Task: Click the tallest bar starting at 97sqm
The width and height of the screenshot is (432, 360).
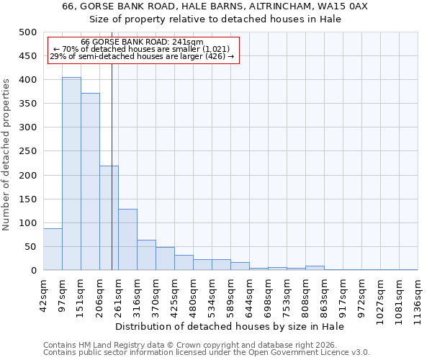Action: coord(71,174)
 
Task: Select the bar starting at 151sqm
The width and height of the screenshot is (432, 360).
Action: coord(90,181)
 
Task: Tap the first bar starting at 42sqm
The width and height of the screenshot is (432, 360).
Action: coord(53,249)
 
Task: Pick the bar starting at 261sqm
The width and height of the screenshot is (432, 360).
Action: coord(127,240)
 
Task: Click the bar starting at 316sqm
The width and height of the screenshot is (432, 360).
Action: coord(146,255)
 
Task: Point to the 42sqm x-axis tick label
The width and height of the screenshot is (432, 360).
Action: coord(43,295)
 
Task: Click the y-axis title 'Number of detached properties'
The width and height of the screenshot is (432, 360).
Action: coord(7,151)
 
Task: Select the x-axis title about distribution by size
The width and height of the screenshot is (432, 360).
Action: coord(230,327)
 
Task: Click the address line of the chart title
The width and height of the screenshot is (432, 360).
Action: coord(215,6)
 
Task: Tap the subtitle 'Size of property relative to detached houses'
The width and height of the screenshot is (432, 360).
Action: coord(215,19)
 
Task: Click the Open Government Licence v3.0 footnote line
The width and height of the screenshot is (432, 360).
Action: coord(207,353)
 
